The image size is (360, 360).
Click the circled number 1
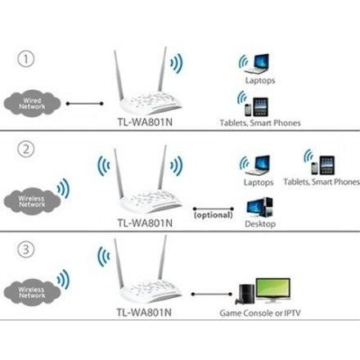tap(26, 59)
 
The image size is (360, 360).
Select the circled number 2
tap(26, 149)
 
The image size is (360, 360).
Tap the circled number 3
tap(26, 250)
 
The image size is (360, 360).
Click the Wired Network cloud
tap(32, 104)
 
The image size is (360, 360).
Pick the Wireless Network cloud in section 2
tap(32, 201)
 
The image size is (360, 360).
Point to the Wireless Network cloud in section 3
tap(32, 292)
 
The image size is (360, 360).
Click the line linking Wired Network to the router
tap(84, 104)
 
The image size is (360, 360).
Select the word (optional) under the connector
tap(214, 215)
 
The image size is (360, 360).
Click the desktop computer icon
tap(259, 207)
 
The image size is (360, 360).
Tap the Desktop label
tap(260, 224)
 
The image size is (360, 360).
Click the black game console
tap(245, 295)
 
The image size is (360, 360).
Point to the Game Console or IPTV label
tap(260, 313)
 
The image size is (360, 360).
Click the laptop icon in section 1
tap(257, 64)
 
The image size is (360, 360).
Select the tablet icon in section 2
tap(327, 165)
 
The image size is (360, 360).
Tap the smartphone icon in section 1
tap(248, 110)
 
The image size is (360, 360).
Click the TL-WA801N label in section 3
tap(144, 313)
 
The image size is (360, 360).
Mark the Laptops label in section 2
tap(259, 182)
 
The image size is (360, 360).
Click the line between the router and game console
tap(212, 294)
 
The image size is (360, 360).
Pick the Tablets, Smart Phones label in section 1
tap(260, 123)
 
